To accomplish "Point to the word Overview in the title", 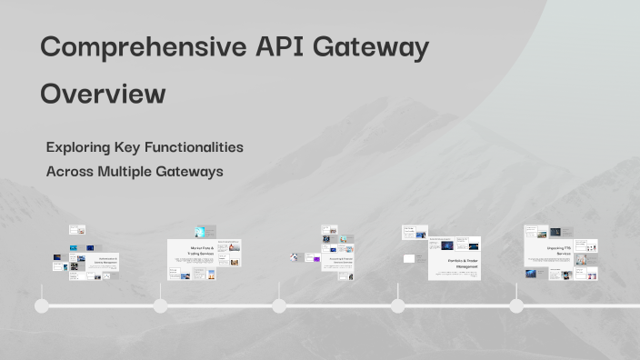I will [103, 94].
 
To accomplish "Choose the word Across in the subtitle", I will [68, 171].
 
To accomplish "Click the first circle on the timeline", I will [42, 306].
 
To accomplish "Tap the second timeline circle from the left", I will [160, 306].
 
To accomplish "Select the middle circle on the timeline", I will [279, 306].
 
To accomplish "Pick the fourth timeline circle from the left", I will [397, 306].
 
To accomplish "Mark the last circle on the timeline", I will [516, 306].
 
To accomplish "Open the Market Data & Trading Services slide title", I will [201, 250].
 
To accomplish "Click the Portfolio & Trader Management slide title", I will [463, 263].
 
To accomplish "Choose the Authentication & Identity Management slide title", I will [107, 261].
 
